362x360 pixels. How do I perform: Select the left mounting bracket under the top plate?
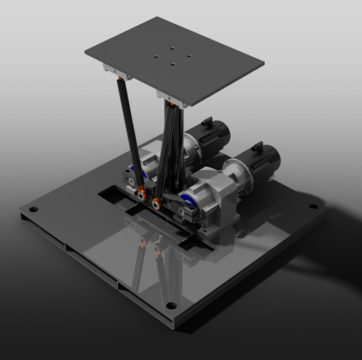[118, 71]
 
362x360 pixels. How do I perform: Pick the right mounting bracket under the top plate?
[173, 99]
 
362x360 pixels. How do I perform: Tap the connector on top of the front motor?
[258, 146]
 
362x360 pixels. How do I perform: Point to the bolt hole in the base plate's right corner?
[312, 206]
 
